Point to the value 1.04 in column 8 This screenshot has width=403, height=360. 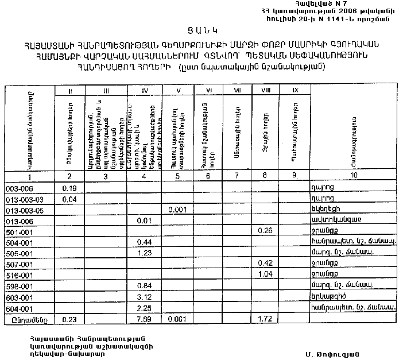(265, 274)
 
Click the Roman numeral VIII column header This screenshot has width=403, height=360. (265, 90)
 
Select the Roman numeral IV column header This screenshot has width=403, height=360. (145, 90)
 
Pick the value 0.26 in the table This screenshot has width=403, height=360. (265, 231)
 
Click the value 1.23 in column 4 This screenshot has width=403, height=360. (145, 253)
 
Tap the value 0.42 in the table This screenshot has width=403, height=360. (265, 264)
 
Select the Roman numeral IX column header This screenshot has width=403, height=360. (295, 90)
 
